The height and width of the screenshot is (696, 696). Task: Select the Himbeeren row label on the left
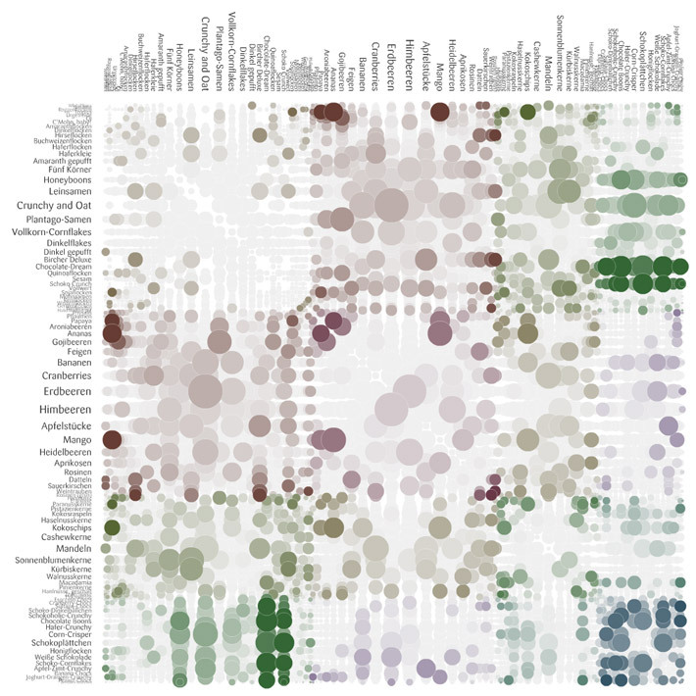click(x=65, y=409)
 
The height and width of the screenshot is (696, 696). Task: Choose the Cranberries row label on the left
click(x=67, y=375)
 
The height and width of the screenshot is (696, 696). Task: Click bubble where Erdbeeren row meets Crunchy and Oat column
click(x=205, y=391)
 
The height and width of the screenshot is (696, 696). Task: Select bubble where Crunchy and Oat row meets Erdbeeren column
click(x=391, y=205)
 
